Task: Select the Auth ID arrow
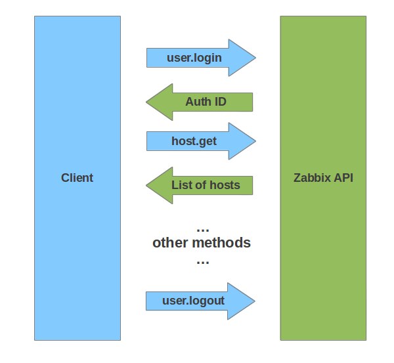point(200,102)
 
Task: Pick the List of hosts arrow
point(200,185)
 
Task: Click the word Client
point(77,178)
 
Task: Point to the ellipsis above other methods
point(202,230)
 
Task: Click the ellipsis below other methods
point(202,263)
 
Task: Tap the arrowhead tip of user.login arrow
point(255,58)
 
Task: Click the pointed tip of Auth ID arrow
point(146,102)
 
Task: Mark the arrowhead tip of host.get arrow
point(255,141)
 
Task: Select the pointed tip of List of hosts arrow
point(146,185)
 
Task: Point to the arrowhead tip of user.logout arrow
point(255,301)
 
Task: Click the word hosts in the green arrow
point(225,185)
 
